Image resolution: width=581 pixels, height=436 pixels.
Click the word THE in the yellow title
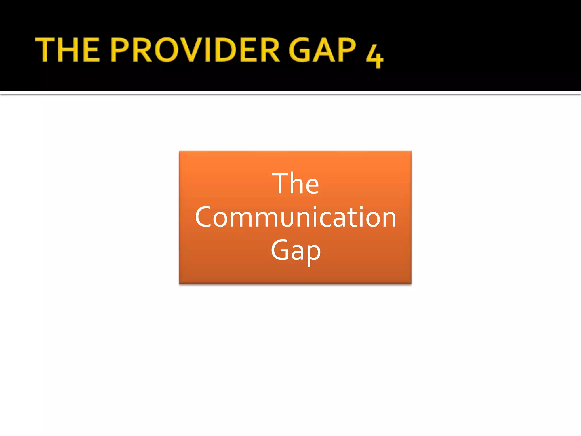(68, 50)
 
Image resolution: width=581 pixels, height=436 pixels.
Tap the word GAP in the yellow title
(322, 50)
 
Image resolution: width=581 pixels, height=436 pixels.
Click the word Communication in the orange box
(295, 217)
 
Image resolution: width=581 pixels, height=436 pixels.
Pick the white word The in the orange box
(295, 184)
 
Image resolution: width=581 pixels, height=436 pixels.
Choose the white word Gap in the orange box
(295, 250)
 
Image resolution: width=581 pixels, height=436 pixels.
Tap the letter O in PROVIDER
(167, 50)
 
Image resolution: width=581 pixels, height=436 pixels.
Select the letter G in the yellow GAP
(300, 50)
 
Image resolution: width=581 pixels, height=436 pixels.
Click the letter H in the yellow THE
(68, 50)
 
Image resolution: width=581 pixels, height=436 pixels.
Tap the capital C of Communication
(203, 217)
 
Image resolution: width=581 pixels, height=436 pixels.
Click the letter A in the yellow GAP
(323, 50)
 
